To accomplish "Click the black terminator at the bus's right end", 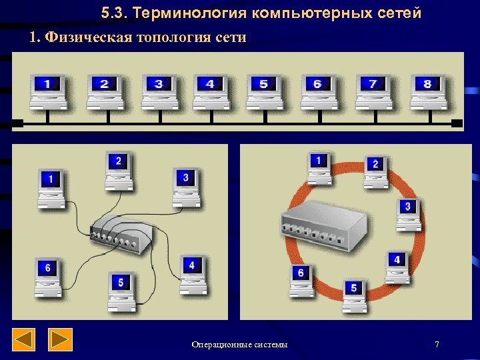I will point(457,123).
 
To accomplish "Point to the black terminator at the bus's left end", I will point(18,123).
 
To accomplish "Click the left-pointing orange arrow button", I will point(24,340).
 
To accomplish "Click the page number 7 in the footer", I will point(437,344).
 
